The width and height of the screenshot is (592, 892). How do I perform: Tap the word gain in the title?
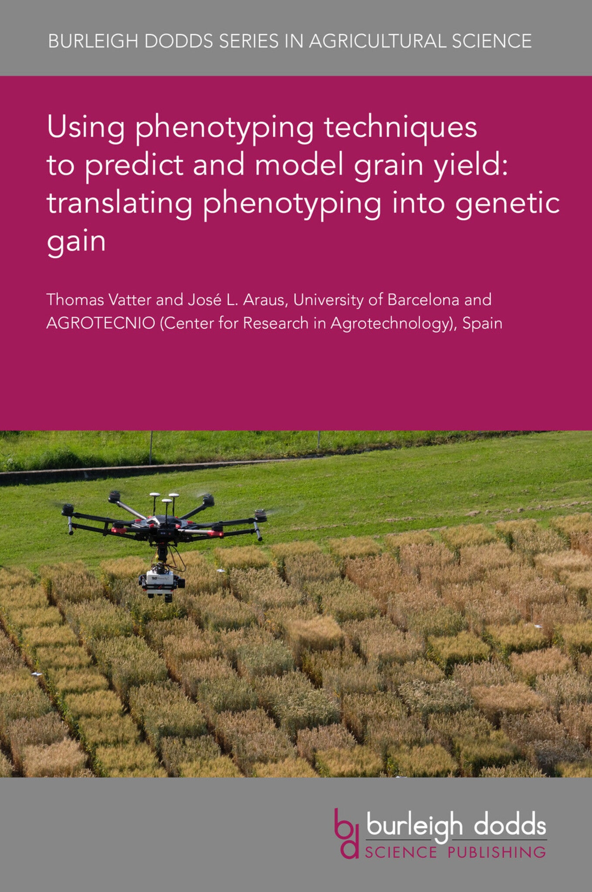click(x=76, y=241)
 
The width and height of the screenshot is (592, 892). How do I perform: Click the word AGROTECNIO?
click(x=101, y=323)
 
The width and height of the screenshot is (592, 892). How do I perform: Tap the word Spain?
click(x=482, y=323)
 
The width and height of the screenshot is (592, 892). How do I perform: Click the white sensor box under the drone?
click(x=160, y=581)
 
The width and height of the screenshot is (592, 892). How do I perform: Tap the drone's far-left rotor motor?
click(x=68, y=510)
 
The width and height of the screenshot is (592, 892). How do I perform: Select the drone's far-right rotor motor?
click(x=260, y=515)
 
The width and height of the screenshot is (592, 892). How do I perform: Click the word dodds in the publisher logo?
click(x=510, y=825)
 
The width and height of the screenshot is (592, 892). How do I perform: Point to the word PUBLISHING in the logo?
click(x=497, y=851)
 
